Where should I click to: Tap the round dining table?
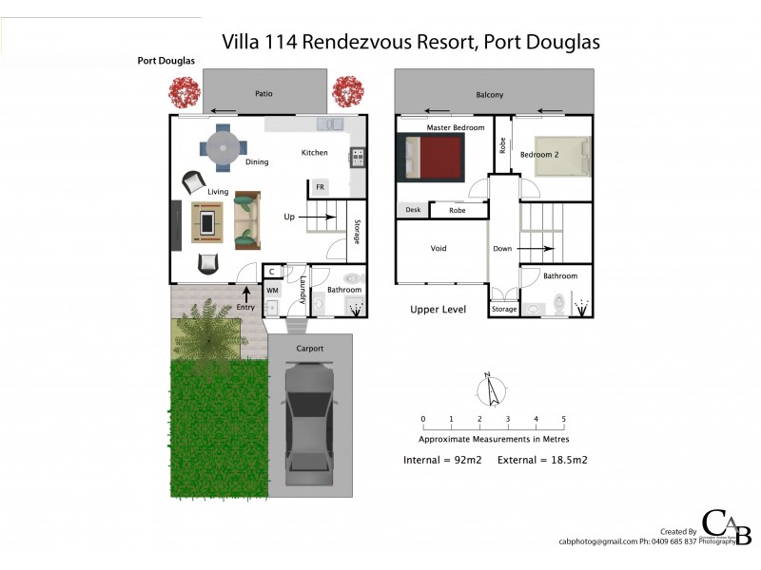[x=223, y=147]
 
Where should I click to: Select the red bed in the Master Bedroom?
[x=434, y=157]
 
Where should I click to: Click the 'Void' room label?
[x=439, y=249]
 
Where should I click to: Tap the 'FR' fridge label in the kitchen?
[x=320, y=187]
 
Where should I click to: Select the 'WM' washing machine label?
[x=271, y=290]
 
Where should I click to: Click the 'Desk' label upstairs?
[x=413, y=210]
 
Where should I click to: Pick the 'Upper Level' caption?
[x=439, y=310]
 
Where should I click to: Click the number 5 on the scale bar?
[x=564, y=419]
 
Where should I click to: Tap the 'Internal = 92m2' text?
[x=443, y=460]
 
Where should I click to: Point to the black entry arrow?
[x=246, y=293]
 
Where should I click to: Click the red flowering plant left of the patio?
[x=184, y=92]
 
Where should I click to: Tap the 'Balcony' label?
[x=490, y=95]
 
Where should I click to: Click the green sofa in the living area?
[x=247, y=218]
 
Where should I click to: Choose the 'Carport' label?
[x=310, y=349]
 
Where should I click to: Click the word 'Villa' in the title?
[x=241, y=42]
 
